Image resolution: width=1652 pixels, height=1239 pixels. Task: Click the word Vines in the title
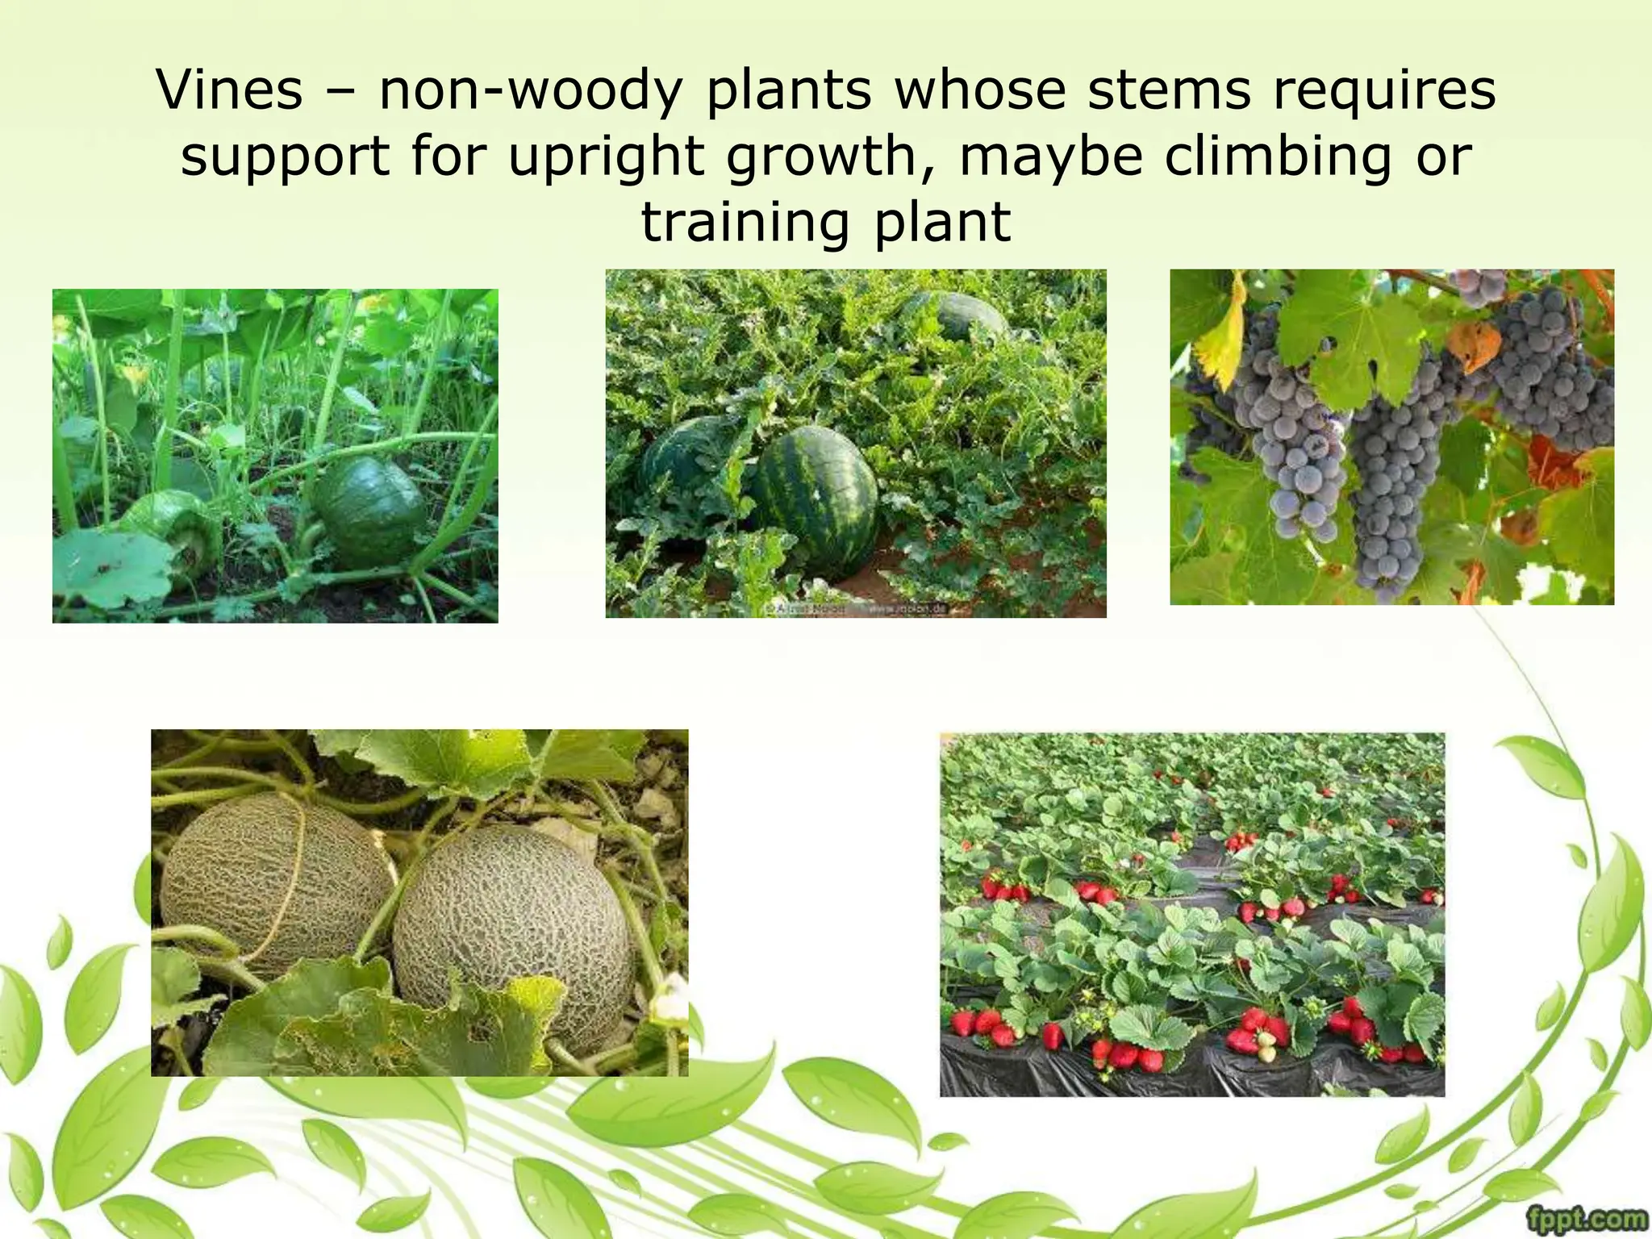click(x=229, y=90)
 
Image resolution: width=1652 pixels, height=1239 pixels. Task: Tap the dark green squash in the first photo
click(x=371, y=511)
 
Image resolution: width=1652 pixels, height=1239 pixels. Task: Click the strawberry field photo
click(x=1192, y=913)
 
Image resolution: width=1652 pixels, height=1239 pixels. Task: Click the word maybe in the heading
click(x=1051, y=156)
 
